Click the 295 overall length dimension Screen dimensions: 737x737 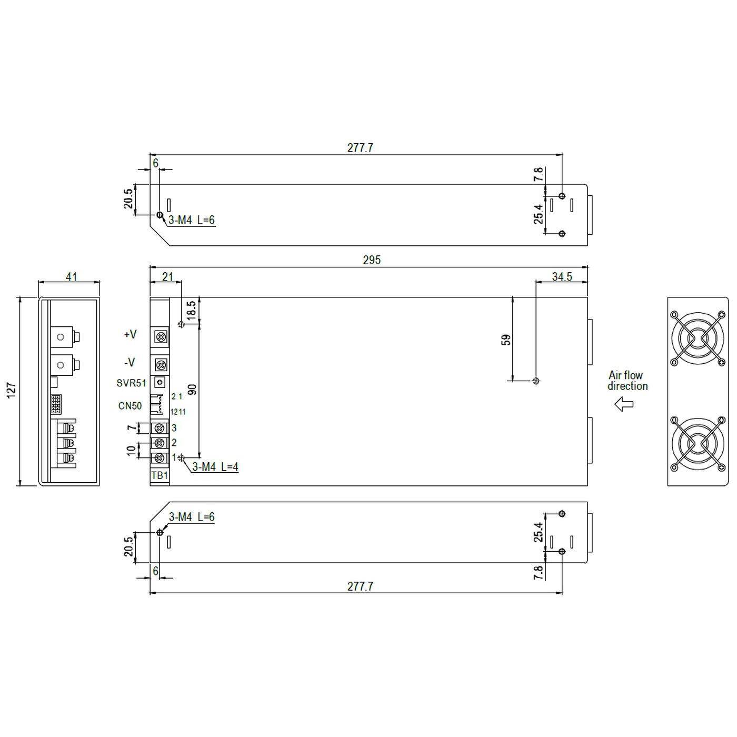(371, 260)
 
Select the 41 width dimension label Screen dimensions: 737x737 (71, 276)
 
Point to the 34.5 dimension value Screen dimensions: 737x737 (562, 276)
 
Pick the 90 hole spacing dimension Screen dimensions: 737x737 (192, 390)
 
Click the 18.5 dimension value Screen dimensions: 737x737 (191, 310)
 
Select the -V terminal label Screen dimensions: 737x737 (130, 362)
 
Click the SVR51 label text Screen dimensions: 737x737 (131, 383)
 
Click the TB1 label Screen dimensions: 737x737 (160, 475)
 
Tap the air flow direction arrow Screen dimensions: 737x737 (624, 404)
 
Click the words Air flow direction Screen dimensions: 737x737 (627, 381)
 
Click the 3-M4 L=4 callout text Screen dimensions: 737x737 (215, 466)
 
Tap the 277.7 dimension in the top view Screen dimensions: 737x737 (360, 148)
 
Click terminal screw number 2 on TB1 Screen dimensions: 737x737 (160, 443)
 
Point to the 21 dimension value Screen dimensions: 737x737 (167, 276)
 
